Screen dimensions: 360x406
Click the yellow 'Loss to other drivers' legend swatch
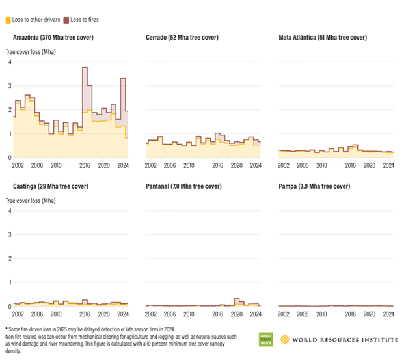8,21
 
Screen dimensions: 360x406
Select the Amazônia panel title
53,38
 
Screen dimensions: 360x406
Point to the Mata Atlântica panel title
323,38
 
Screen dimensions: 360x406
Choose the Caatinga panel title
51,187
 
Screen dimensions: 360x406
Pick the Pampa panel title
314,187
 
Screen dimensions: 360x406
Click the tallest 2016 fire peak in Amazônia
85,68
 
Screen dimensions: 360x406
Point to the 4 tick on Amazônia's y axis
9,62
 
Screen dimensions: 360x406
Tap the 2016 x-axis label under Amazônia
85,166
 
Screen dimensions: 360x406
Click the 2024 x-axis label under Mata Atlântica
388,166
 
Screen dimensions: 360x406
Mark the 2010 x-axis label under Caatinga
57,314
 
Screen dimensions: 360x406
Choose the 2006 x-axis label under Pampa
303,314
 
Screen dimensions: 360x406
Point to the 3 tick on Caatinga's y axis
9,235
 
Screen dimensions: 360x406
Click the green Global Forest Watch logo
265,339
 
